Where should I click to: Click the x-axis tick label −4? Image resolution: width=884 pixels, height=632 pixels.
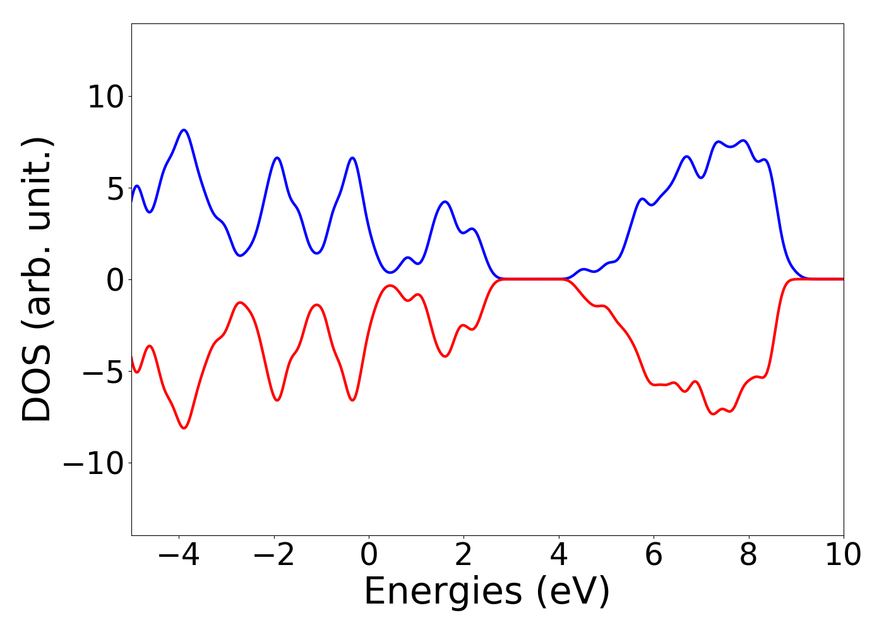[179, 556]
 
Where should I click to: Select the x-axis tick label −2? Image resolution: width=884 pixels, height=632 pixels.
[273, 556]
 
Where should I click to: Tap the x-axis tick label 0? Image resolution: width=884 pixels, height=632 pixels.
[369, 556]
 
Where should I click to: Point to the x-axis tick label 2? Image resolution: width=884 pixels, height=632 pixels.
[463, 556]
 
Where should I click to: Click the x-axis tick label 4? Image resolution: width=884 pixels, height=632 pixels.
[559, 556]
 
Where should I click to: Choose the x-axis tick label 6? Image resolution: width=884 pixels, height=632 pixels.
[654, 556]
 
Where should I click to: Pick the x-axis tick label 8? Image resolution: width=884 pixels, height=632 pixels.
[748, 556]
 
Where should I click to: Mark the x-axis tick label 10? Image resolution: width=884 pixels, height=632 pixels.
[843, 556]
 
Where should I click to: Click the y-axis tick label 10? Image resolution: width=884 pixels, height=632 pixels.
[108, 97]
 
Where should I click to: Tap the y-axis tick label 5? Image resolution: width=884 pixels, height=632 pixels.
[115, 188]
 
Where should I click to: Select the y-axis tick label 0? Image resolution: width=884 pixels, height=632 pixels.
[115, 279]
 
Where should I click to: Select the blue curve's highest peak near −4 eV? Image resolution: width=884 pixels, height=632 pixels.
[184, 130]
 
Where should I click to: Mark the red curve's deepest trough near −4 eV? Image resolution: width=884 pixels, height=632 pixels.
[184, 428]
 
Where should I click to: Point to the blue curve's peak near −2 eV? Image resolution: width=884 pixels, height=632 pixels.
[277, 157]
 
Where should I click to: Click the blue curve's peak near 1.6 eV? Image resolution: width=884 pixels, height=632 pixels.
[445, 202]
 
